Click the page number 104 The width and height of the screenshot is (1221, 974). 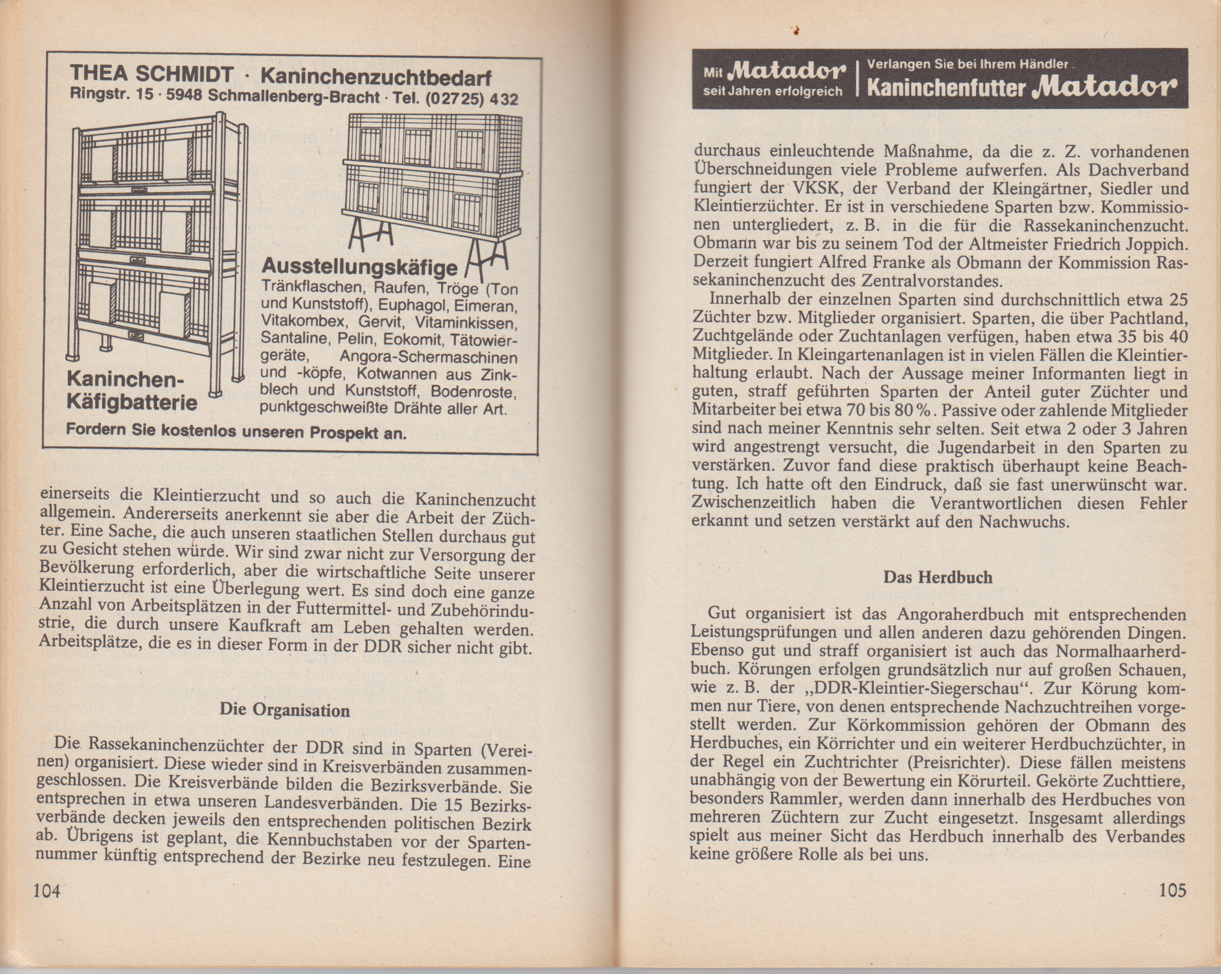[x=47, y=891]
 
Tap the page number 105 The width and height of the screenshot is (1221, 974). [x=1172, y=891]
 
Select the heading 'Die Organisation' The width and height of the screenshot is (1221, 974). [x=285, y=710]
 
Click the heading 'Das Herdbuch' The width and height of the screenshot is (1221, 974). [x=938, y=577]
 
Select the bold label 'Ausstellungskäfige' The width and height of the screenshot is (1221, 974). [x=360, y=266]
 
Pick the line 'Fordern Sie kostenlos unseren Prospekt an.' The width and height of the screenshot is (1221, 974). [x=236, y=431]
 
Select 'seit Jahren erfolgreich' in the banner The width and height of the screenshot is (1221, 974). [x=773, y=91]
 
